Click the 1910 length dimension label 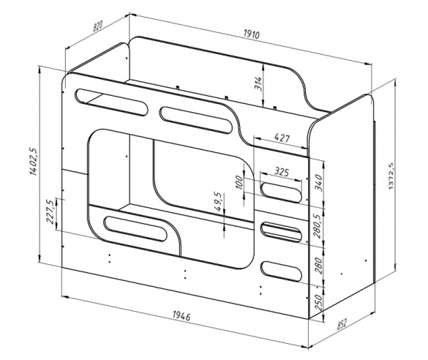click(252, 34)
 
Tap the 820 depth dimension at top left click(98, 26)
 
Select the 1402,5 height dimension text click(34, 161)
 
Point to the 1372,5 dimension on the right click(391, 176)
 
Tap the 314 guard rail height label click(258, 83)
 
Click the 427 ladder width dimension click(282, 138)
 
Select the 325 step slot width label click(281, 172)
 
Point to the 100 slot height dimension click(239, 182)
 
